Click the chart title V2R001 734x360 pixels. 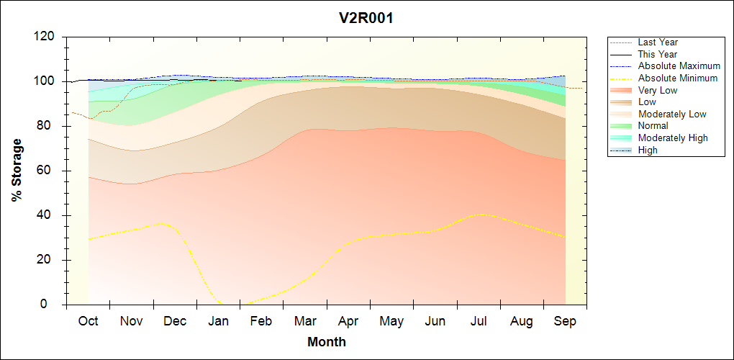point(366,18)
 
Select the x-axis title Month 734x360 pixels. point(326,342)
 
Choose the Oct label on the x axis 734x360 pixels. point(88,321)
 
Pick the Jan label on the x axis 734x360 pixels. point(218,321)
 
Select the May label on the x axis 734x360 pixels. point(391,321)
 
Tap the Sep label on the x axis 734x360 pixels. point(565,321)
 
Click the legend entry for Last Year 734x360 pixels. point(658,42)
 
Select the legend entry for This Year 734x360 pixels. point(658,54)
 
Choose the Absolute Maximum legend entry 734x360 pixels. point(679,66)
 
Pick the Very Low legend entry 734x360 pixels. point(658,90)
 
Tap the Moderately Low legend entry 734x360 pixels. point(672,114)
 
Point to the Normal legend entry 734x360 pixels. point(653,126)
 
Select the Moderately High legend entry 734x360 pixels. point(673,138)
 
